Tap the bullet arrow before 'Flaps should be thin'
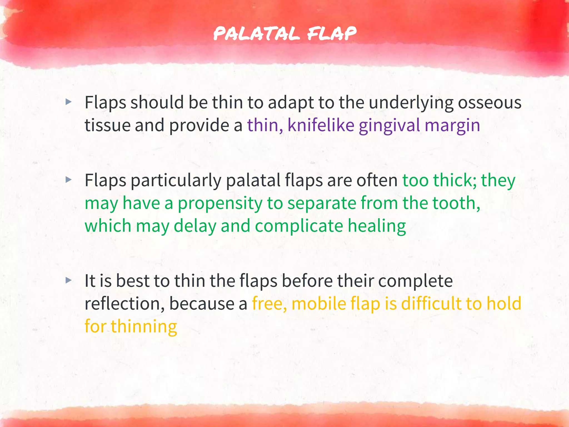tap(68, 102)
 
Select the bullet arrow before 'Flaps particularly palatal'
tap(68, 180)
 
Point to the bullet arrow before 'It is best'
tap(68, 280)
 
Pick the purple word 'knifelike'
tap(321, 125)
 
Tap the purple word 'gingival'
tap(389, 125)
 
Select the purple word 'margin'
tap(452, 126)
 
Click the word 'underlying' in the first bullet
tap(411, 103)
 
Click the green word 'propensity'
tap(220, 203)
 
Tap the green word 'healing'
tap(376, 226)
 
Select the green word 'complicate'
tap(299, 226)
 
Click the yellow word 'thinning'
tap(144, 326)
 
